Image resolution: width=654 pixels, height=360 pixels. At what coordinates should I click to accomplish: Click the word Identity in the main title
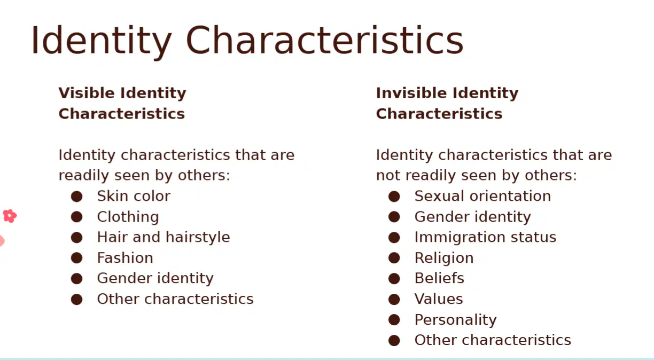click(x=102, y=41)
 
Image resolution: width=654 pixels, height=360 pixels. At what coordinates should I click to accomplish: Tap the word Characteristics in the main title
click(x=324, y=40)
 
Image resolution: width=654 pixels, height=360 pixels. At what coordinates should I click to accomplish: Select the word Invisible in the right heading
click(x=411, y=93)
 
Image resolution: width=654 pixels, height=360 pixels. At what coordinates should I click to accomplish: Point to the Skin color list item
click(x=134, y=196)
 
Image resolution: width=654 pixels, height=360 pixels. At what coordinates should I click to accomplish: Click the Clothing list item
click(x=128, y=217)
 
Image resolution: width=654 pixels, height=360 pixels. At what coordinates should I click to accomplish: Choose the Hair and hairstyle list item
click(x=163, y=237)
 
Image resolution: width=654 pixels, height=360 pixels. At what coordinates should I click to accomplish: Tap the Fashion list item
click(x=125, y=258)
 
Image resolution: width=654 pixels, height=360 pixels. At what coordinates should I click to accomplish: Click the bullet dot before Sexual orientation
click(x=394, y=196)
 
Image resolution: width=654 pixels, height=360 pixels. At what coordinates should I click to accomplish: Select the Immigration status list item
click(x=485, y=237)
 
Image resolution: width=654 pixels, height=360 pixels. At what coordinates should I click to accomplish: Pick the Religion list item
click(x=444, y=258)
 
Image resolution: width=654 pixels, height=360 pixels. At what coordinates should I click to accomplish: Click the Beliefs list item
click(x=439, y=278)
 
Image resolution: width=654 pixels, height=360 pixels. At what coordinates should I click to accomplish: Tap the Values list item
click(x=439, y=299)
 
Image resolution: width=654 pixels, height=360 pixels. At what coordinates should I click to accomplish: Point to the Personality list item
click(x=455, y=320)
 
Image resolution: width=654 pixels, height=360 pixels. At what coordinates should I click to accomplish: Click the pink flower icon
click(x=10, y=216)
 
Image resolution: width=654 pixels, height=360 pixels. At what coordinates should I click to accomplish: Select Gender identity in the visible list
click(x=155, y=278)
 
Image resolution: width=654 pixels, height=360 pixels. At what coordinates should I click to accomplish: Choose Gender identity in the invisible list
click(x=472, y=217)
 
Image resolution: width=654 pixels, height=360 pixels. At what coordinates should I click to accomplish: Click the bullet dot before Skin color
click(x=76, y=196)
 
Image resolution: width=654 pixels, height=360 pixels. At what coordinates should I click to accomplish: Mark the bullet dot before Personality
click(x=394, y=320)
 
